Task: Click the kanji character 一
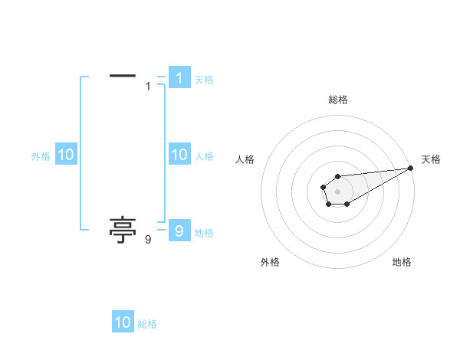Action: tap(123, 76)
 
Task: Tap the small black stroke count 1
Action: tap(148, 87)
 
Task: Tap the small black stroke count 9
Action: tap(148, 240)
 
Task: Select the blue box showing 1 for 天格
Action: tap(179, 78)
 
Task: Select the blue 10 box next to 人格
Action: tap(179, 155)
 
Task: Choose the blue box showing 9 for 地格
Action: tap(179, 231)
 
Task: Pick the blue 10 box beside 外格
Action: tap(65, 155)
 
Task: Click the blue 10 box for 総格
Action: tap(123, 322)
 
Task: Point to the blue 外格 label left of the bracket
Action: tap(41, 156)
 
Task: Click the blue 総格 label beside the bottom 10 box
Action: tap(147, 324)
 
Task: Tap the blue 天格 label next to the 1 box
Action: tap(204, 80)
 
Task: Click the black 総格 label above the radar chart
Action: tap(338, 100)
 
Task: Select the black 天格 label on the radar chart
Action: tap(432, 159)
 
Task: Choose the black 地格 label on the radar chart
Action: tap(402, 262)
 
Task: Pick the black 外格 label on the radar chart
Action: tap(270, 262)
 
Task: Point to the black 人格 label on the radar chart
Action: tap(245, 159)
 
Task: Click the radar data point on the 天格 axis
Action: tap(411, 168)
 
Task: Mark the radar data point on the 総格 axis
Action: tap(338, 176)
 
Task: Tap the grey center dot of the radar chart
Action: tap(338, 190)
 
